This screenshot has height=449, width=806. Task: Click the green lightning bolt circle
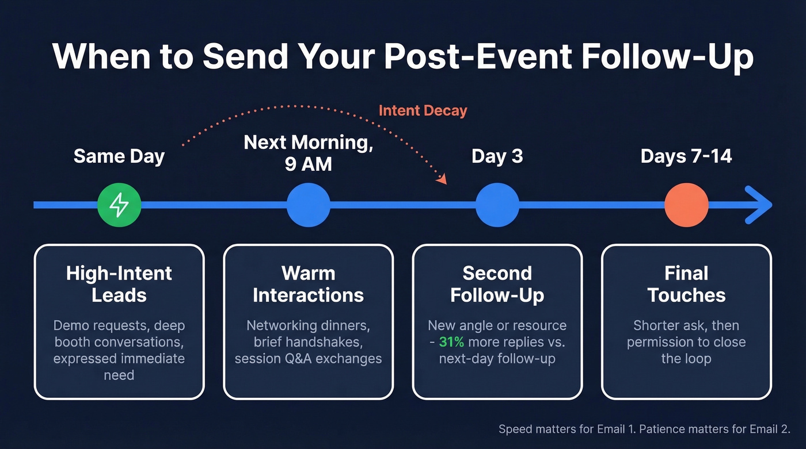pyautogui.click(x=119, y=205)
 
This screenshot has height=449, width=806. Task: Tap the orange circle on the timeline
pyautogui.click(x=686, y=205)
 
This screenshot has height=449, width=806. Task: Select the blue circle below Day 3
pyautogui.click(x=497, y=205)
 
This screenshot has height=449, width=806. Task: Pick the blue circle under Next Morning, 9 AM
pyautogui.click(x=309, y=205)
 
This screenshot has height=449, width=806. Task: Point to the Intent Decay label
pyautogui.click(x=423, y=110)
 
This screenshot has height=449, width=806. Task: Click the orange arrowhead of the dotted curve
pyautogui.click(x=442, y=180)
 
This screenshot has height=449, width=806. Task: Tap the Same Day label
pyautogui.click(x=119, y=156)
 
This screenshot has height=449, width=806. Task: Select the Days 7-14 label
pyautogui.click(x=686, y=156)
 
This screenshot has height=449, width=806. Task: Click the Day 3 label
pyautogui.click(x=497, y=156)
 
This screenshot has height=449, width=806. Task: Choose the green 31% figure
pyautogui.click(x=453, y=342)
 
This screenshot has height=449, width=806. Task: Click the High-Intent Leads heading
pyautogui.click(x=119, y=284)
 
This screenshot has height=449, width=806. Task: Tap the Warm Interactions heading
pyautogui.click(x=309, y=284)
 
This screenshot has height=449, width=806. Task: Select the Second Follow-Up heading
pyautogui.click(x=497, y=284)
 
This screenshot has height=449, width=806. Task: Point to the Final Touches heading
pyautogui.click(x=686, y=284)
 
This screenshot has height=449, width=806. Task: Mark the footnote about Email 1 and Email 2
pyautogui.click(x=644, y=429)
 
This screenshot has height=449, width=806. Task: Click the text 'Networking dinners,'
pyautogui.click(x=309, y=325)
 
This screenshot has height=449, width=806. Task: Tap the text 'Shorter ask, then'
pyautogui.click(x=686, y=325)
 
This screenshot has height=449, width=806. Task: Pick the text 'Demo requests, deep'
pyautogui.click(x=119, y=325)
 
